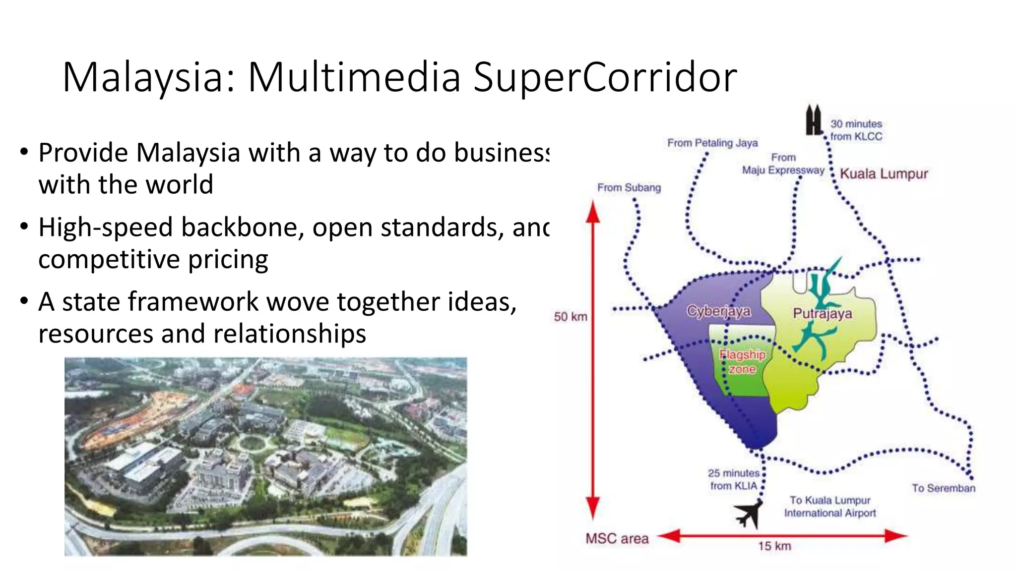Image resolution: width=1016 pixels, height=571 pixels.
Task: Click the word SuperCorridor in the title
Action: click(605, 77)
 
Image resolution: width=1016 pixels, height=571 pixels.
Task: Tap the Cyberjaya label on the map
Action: click(718, 311)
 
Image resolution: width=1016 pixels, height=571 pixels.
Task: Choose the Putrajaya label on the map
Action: click(823, 313)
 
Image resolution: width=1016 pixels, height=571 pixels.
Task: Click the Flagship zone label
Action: click(742, 362)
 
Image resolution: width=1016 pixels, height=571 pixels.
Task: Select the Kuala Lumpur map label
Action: click(884, 174)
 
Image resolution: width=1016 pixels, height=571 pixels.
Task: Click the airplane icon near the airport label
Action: click(748, 514)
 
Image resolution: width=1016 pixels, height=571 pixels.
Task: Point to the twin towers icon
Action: click(814, 120)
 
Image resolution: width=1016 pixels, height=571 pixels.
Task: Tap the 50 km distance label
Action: click(571, 317)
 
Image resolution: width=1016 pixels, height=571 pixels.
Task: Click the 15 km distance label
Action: click(774, 546)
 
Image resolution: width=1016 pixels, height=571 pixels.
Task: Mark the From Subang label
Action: click(629, 188)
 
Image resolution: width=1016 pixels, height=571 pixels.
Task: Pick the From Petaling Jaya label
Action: click(712, 143)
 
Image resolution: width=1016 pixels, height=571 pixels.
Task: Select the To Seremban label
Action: click(943, 488)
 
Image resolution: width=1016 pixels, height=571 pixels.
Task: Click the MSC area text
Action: click(617, 539)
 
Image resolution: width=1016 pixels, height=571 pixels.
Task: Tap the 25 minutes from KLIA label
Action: click(734, 479)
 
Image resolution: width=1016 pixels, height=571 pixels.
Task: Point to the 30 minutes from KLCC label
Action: click(856, 130)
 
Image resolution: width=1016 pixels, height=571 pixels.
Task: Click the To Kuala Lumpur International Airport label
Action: click(830, 507)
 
